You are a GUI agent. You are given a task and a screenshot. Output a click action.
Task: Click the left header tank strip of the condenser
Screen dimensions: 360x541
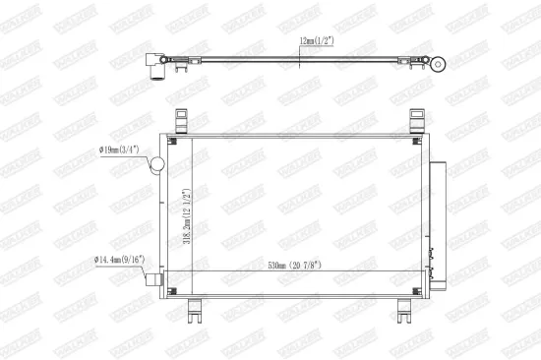tap(169, 216)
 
